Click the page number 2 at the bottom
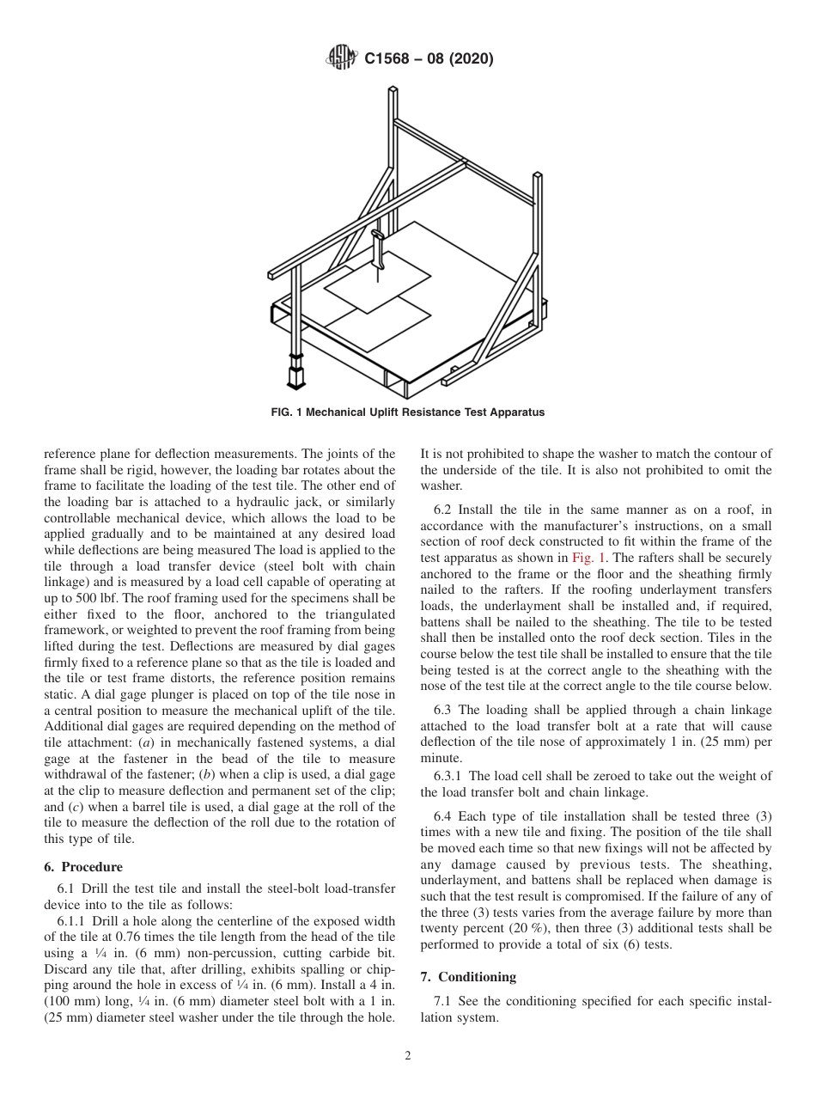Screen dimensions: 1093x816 [408, 1056]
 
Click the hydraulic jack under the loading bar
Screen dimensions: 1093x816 [297, 373]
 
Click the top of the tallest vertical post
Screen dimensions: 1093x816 [392, 90]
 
